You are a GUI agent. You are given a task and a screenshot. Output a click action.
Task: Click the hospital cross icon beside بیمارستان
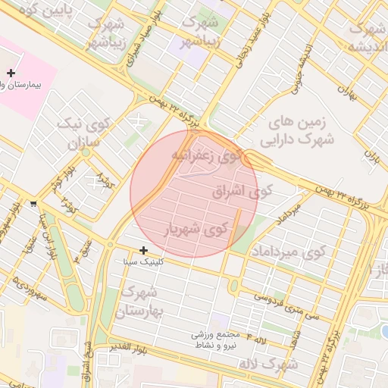[x=11, y=73]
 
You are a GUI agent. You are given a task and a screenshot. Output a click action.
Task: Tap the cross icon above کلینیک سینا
[x=143, y=249]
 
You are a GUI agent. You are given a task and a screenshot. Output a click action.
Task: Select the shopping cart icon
[x=33, y=204]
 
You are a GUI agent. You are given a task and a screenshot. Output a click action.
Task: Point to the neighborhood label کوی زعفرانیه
[x=211, y=156]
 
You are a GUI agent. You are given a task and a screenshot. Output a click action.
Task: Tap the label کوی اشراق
[x=236, y=191]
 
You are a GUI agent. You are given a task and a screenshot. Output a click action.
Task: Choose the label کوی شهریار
[x=196, y=227]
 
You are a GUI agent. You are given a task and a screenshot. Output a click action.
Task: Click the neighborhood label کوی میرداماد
[x=288, y=250]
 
